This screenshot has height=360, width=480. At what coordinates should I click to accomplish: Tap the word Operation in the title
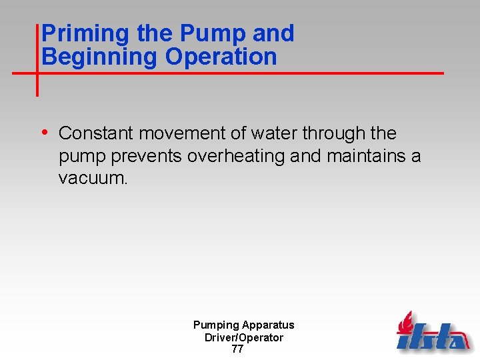(221, 57)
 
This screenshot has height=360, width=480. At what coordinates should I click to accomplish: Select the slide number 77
(237, 349)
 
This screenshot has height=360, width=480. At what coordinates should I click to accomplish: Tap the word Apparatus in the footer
(268, 325)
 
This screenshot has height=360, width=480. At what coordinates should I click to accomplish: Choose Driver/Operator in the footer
(243, 337)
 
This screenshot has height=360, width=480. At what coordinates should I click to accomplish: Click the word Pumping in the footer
(216, 325)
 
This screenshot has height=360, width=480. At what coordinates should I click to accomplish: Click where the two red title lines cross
(37, 72)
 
